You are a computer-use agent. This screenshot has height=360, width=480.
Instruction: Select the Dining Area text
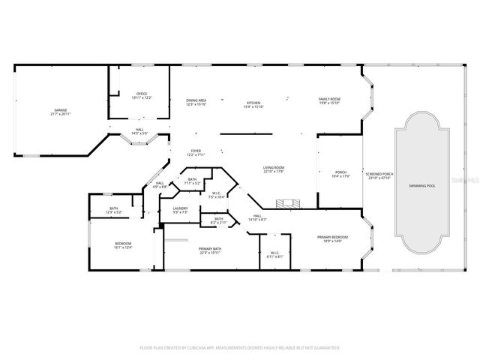[196, 101]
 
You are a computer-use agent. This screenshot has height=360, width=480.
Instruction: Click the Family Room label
[329, 101]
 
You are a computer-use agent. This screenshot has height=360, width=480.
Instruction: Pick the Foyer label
[196, 151]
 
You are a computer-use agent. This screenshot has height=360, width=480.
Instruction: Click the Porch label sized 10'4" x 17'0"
[340, 174]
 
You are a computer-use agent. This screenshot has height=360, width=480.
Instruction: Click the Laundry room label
[180, 210]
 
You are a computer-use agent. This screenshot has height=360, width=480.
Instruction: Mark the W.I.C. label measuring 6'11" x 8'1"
[274, 254]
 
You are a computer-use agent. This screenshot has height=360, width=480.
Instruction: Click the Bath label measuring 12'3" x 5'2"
[114, 210]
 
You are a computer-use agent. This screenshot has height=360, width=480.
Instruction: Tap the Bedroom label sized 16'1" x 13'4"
[123, 245]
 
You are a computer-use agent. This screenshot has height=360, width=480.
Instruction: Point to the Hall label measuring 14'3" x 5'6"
[139, 130]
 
